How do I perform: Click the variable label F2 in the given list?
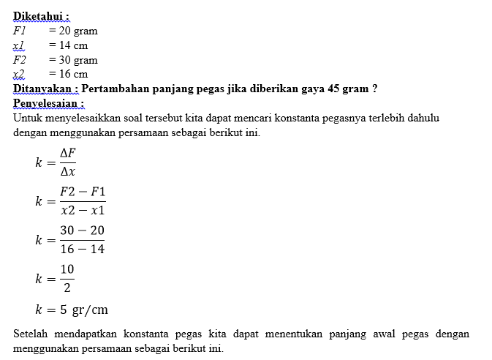(20, 60)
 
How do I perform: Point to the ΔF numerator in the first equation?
(68, 153)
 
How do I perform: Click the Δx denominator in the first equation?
(68, 172)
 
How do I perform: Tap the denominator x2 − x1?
(83, 210)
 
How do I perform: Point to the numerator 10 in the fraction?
(67, 269)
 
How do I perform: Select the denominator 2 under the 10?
(67, 288)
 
